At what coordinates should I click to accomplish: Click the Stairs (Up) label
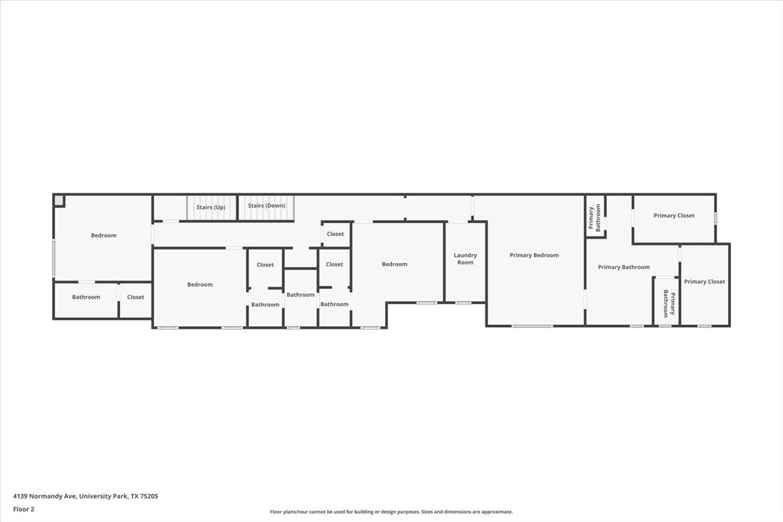pyautogui.click(x=211, y=207)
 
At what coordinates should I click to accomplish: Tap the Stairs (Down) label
pyautogui.click(x=267, y=206)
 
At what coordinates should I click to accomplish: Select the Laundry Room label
pyautogui.click(x=465, y=259)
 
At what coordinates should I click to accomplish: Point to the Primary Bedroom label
pyautogui.click(x=534, y=255)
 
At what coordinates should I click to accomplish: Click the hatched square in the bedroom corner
pyautogui.click(x=59, y=201)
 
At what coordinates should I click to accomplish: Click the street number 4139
pyautogui.click(x=20, y=496)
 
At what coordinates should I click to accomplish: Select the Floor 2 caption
pyautogui.click(x=23, y=509)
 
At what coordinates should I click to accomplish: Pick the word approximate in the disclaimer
pyautogui.click(x=497, y=512)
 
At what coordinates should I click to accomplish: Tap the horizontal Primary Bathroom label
pyautogui.click(x=624, y=267)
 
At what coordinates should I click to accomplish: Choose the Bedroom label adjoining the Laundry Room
pyautogui.click(x=394, y=264)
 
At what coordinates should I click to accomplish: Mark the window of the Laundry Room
pyautogui.click(x=463, y=303)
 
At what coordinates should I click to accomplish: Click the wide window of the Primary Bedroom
pyautogui.click(x=532, y=326)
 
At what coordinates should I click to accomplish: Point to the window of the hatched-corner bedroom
pyautogui.click(x=54, y=258)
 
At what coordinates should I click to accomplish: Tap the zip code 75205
pyautogui.click(x=149, y=496)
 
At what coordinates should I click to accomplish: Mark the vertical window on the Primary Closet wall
pyautogui.click(x=715, y=219)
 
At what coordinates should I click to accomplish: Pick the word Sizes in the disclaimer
pyautogui.click(x=427, y=512)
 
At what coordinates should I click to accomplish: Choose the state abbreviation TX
pyautogui.click(x=134, y=496)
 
